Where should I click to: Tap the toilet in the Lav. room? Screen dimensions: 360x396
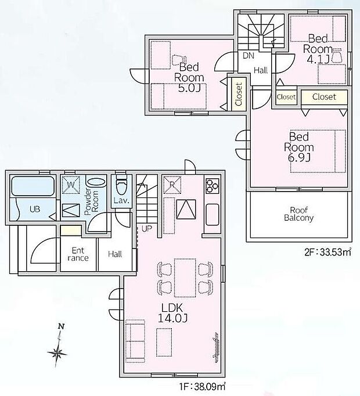121,186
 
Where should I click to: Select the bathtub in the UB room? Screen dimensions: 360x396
33,186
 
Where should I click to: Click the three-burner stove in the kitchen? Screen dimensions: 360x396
212,186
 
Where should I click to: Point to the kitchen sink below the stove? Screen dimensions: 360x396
213,215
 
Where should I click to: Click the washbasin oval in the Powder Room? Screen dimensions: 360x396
96,182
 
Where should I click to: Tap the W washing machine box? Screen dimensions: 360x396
71,185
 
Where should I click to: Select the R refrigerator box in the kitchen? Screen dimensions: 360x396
172,185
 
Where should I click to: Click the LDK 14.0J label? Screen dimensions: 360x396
172,313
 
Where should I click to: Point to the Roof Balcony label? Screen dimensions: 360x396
298,214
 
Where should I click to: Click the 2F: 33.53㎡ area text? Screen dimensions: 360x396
328,252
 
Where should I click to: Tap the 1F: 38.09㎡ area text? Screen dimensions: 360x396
203,386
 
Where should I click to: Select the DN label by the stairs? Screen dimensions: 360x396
249,56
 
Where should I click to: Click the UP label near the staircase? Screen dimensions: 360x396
147,229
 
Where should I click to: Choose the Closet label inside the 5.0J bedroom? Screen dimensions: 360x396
239,94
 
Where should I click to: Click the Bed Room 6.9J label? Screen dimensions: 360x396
299,147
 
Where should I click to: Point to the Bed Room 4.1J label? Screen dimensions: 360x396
318,49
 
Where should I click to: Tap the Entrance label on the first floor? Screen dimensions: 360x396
78,254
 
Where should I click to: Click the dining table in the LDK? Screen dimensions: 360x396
185,278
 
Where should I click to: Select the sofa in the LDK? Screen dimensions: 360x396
135,341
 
